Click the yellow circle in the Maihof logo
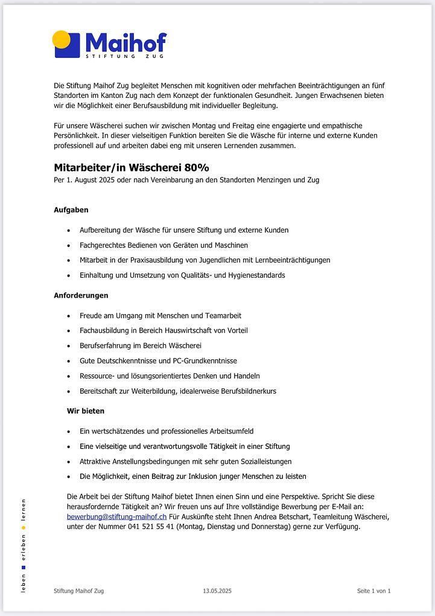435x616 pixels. tap(62, 39)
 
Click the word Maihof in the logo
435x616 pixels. tap(125, 42)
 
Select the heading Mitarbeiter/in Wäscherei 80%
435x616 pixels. tap(132, 167)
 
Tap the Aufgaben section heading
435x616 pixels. tap(71, 210)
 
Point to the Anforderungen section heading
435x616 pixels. tap(81, 295)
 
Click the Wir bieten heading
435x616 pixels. tap(86, 411)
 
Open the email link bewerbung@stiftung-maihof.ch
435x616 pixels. tap(116, 517)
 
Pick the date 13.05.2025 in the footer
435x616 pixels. tap(217, 591)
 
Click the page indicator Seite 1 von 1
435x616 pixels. tap(373, 591)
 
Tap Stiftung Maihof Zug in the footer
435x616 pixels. tap(78, 591)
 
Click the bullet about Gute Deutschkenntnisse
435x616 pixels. tap(158, 361)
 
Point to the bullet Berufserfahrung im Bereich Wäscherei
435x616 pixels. tap(141, 345)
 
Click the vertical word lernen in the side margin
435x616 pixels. tap(23, 511)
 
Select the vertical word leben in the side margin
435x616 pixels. tap(23, 583)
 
